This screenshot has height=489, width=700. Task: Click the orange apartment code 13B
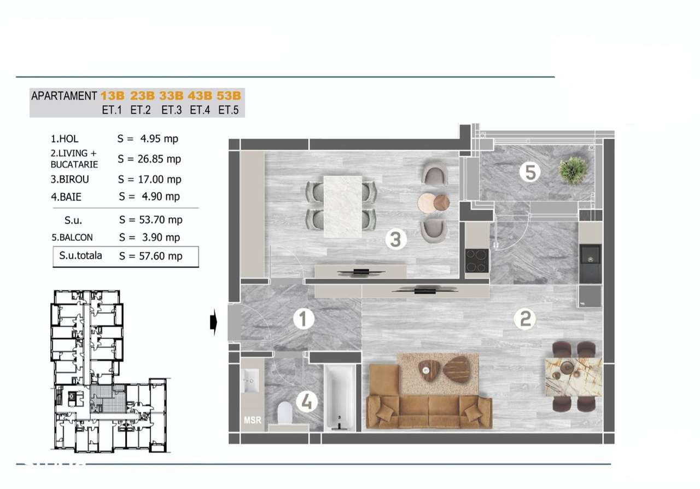coord(113,96)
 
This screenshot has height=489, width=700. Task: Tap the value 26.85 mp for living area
coord(149,159)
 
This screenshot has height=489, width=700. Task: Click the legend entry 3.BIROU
coord(69,179)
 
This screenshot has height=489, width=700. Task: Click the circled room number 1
coord(302,319)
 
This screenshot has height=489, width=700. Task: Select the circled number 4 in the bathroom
coord(307,403)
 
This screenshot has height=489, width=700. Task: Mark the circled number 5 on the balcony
coord(529,172)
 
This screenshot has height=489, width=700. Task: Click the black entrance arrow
coord(214,324)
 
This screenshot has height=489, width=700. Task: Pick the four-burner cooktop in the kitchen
coord(477,261)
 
